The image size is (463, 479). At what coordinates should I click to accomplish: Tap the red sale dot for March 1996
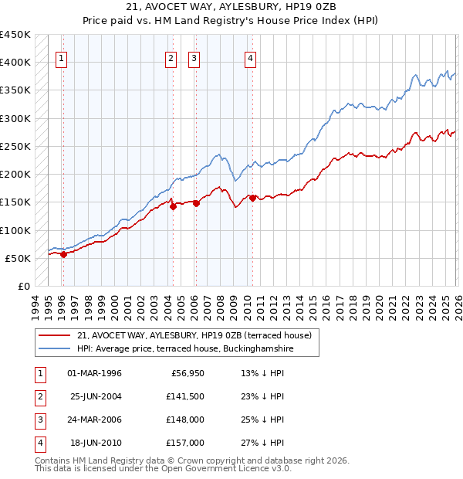pyautogui.click(x=63, y=255)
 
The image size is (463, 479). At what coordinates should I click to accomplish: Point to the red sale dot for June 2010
pyautogui.click(x=253, y=199)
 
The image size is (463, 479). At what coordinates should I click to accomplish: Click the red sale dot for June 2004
pyautogui.click(x=173, y=207)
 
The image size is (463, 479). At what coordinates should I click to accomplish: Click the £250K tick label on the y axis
pyautogui.click(x=15, y=146)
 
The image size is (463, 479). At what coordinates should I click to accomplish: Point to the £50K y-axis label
pyautogui.click(x=19, y=258)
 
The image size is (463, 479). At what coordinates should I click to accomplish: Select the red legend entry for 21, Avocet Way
pyautogui.click(x=194, y=335)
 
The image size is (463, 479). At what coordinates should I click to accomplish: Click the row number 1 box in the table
pyautogui.click(x=39, y=373)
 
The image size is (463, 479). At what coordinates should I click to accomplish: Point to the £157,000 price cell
pyautogui.click(x=185, y=443)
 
